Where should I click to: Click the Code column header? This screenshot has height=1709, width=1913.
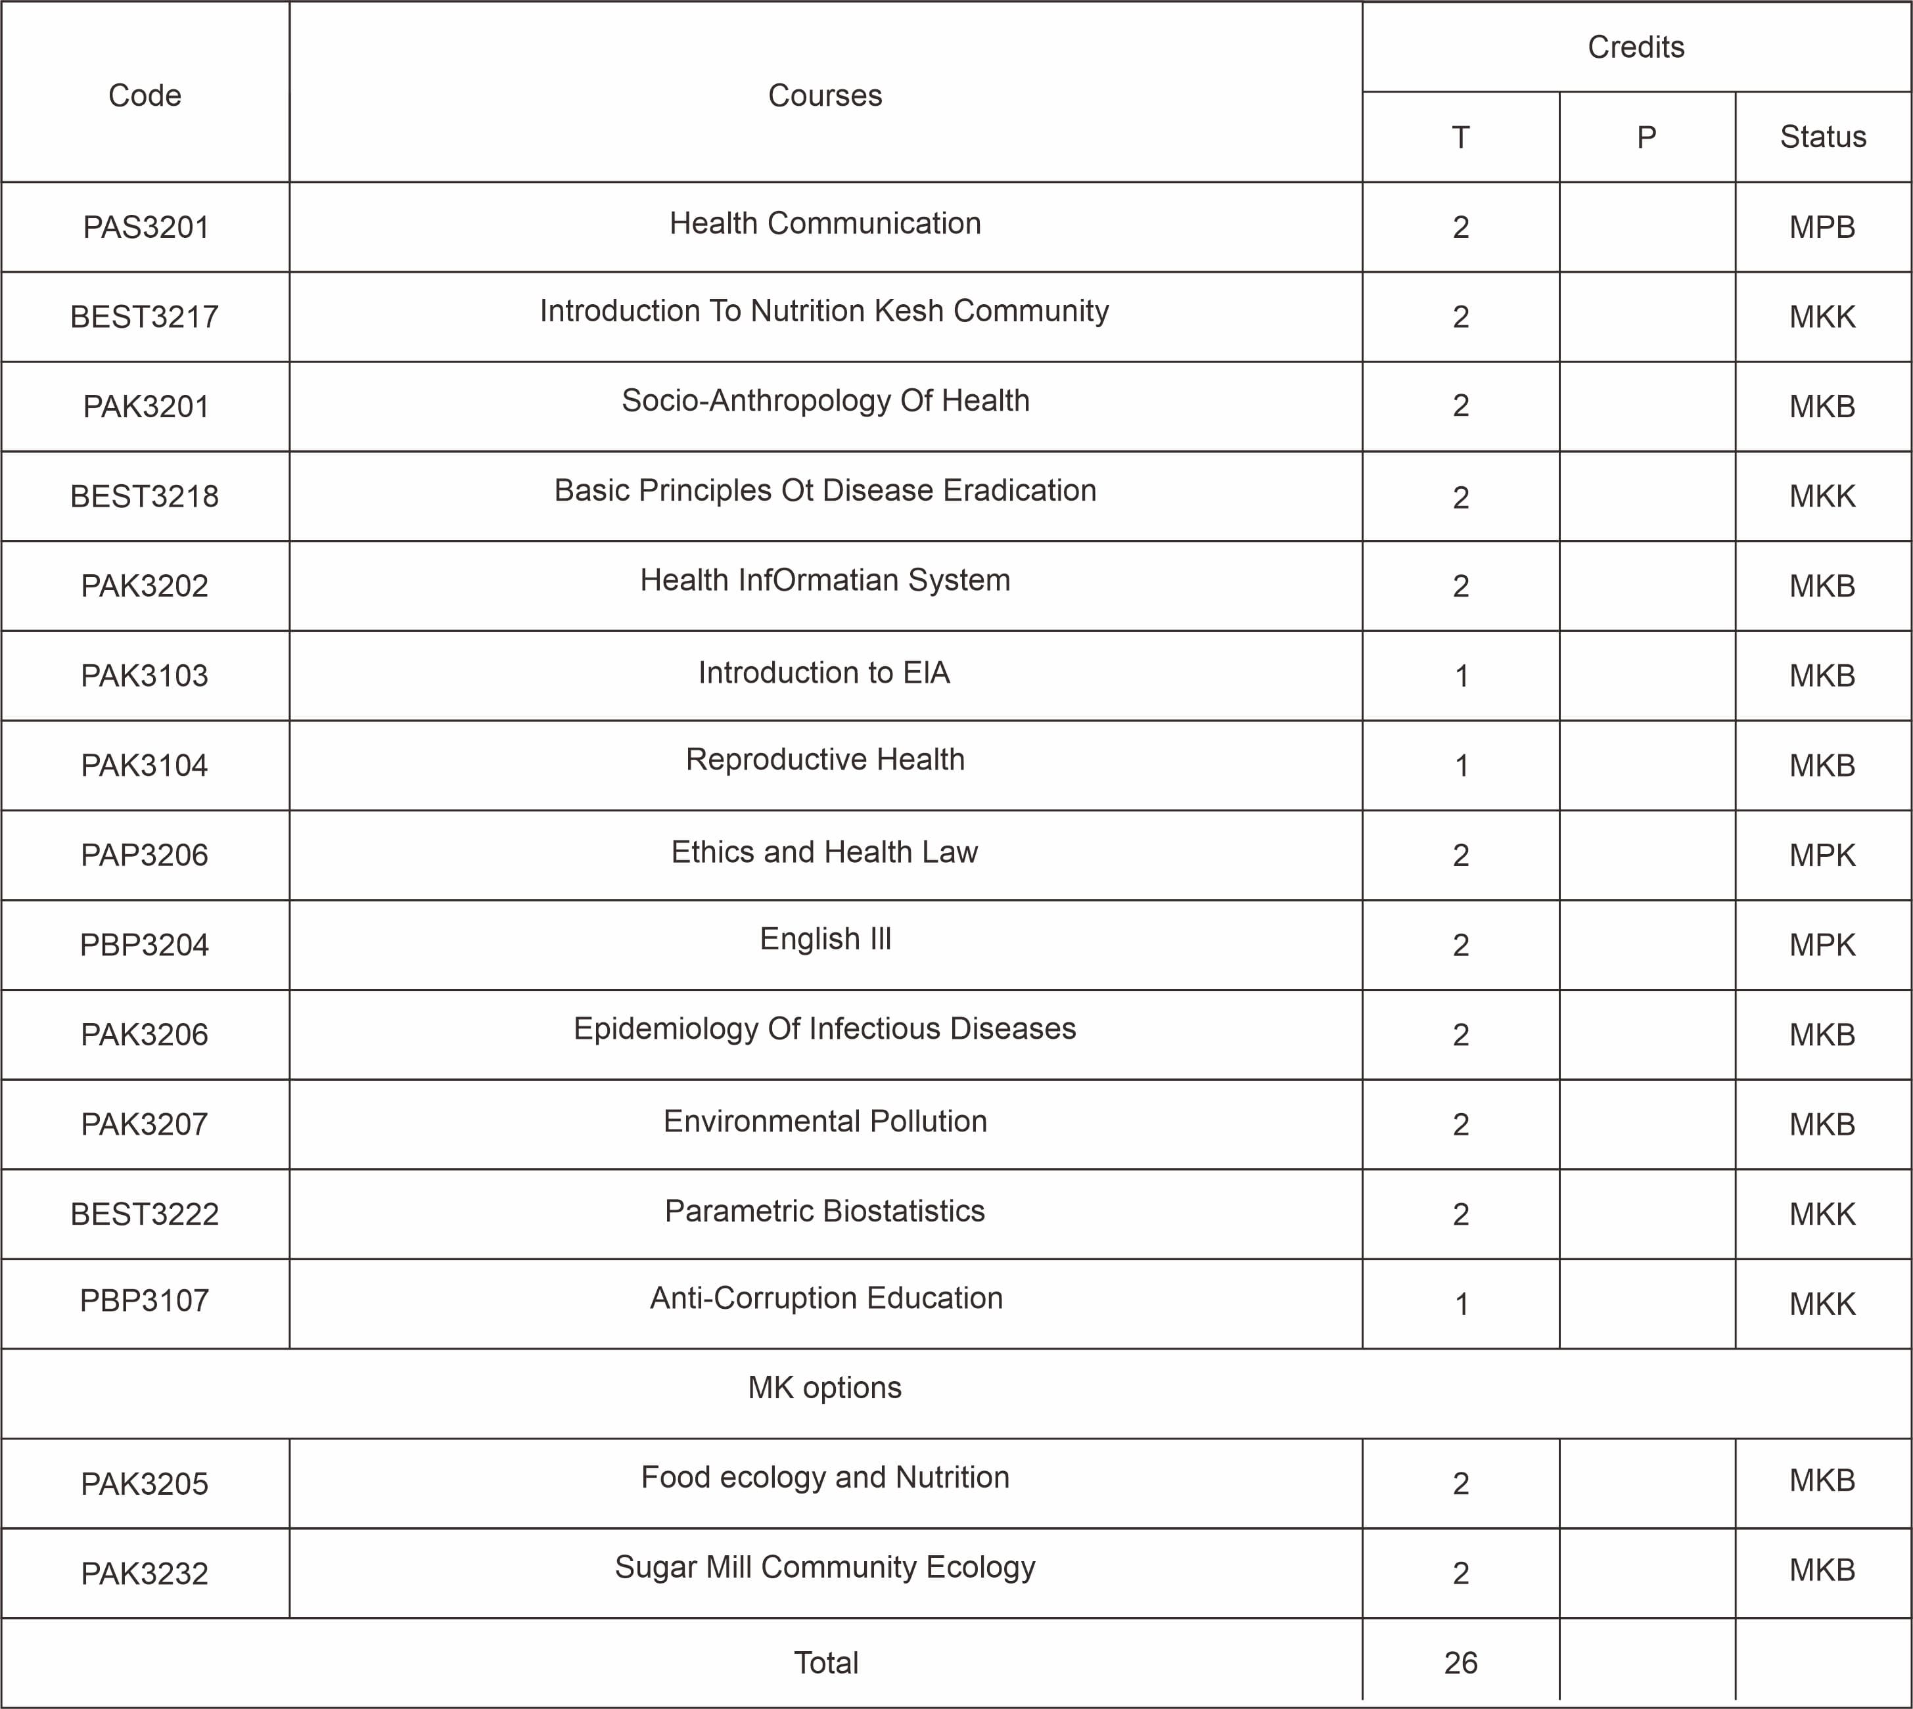click(x=145, y=95)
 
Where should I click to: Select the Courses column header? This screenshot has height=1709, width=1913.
click(x=825, y=95)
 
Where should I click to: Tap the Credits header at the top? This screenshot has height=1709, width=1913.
click(x=1635, y=47)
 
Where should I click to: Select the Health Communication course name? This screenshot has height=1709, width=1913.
click(x=825, y=223)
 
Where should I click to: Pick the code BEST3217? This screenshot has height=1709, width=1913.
click(x=145, y=317)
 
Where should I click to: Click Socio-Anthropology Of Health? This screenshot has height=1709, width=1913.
click(x=825, y=401)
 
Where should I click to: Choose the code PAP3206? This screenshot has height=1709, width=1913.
click(x=145, y=854)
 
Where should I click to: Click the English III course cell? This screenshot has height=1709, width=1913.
click(x=825, y=939)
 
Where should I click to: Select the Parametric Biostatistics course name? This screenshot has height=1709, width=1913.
click(x=825, y=1212)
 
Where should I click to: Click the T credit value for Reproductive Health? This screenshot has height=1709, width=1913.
click(x=1460, y=766)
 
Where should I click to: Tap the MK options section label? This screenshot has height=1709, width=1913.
click(x=825, y=1388)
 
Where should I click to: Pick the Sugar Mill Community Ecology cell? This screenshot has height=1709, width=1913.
click(x=825, y=1567)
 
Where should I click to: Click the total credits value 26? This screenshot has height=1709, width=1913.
click(x=1460, y=1663)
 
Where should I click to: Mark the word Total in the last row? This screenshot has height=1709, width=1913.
click(x=825, y=1663)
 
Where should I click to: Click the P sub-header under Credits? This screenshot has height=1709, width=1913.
click(x=1646, y=137)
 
